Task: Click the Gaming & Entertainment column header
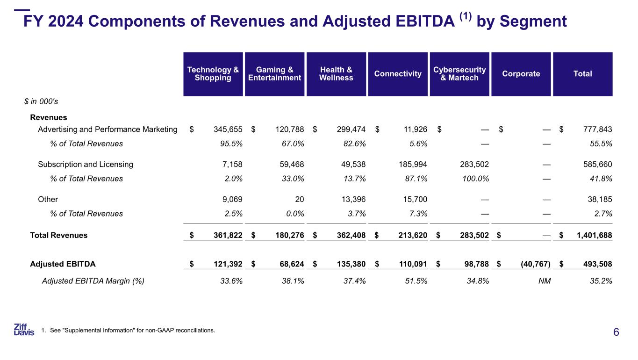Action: [274, 74]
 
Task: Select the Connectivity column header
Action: [398, 74]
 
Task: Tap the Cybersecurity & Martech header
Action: [459, 74]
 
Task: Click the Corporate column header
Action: [521, 74]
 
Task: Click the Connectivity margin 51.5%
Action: [416, 281]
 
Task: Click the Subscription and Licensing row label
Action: [86, 165]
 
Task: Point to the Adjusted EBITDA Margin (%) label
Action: [93, 281]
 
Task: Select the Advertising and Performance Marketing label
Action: [108, 130]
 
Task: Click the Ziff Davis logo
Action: [24, 330]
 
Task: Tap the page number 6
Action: [616, 332]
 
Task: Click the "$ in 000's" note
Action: [41, 101]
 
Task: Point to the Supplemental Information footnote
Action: [128, 331]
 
